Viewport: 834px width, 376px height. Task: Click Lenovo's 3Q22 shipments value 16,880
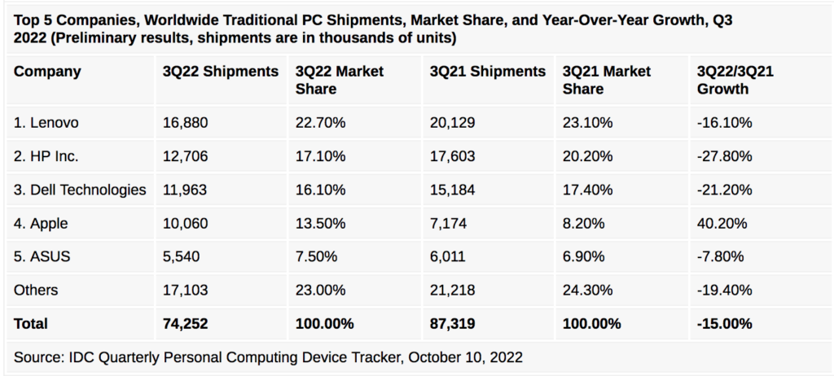click(x=186, y=123)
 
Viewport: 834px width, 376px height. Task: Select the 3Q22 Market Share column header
click(x=340, y=80)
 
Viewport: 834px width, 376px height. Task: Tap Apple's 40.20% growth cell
click(x=724, y=223)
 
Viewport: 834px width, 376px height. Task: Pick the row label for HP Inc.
click(x=46, y=156)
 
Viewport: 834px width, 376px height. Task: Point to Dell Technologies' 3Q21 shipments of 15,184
click(x=452, y=190)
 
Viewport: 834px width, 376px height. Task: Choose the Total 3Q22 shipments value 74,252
click(x=187, y=323)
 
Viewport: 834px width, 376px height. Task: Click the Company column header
click(x=47, y=72)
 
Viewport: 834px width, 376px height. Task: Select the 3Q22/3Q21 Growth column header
click(x=735, y=80)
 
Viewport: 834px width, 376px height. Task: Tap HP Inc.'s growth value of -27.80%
click(x=724, y=156)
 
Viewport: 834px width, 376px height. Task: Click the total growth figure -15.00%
click(x=725, y=323)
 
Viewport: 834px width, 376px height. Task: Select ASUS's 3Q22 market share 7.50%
click(x=317, y=256)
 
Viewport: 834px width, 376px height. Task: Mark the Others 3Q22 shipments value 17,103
click(x=186, y=290)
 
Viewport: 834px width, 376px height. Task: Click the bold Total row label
click(x=31, y=323)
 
